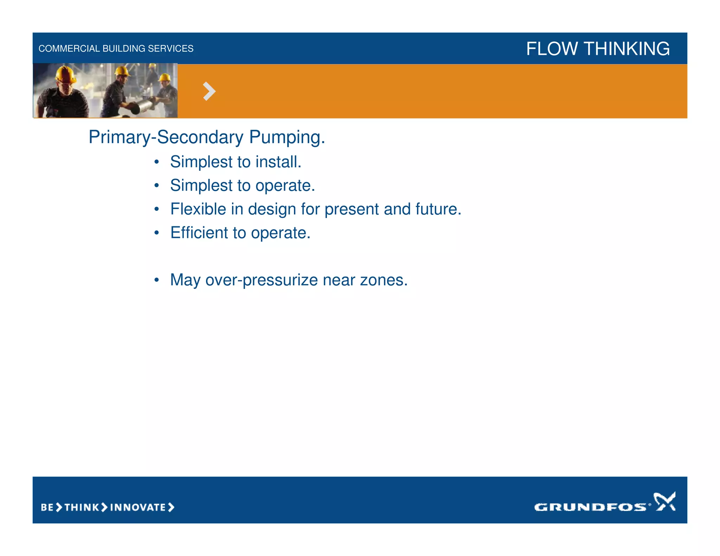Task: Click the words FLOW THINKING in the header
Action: [598, 49]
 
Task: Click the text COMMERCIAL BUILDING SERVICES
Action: [116, 49]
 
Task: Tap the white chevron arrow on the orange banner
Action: [209, 91]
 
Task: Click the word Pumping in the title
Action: [287, 137]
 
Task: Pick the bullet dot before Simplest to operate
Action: [157, 186]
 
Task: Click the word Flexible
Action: [198, 209]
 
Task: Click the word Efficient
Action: [199, 233]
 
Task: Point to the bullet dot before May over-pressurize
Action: [157, 280]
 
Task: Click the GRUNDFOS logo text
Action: [590, 507]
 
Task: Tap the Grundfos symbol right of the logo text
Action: [664, 501]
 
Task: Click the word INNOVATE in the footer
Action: [138, 507]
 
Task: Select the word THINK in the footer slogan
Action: [82, 507]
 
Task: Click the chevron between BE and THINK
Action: [59, 507]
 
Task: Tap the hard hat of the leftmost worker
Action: [66, 74]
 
